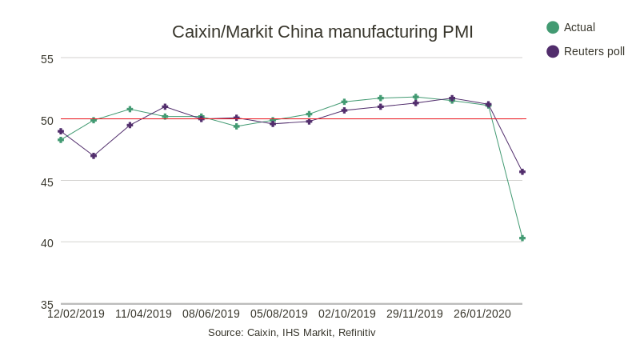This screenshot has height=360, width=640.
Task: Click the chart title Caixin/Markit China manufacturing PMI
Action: point(322,32)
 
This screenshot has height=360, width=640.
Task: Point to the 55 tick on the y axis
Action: point(47,58)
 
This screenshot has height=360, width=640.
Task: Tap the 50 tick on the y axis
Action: point(47,120)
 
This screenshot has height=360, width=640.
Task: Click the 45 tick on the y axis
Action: point(47,182)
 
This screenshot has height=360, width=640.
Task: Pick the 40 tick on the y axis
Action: point(47,242)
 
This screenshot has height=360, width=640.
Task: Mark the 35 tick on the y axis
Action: point(47,304)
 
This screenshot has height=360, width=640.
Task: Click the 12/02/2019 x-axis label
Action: point(76,314)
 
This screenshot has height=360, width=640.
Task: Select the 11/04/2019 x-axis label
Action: point(143,314)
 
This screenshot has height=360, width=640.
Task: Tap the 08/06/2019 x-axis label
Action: point(211,314)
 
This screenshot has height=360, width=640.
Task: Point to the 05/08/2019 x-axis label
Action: point(279,314)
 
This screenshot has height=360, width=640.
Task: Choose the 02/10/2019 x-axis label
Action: point(347,314)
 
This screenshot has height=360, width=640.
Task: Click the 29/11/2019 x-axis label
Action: point(414,314)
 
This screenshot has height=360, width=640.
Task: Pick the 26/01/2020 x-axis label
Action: point(482,314)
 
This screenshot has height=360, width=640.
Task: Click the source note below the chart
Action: point(291,332)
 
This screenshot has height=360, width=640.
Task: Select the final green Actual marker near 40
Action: point(522,238)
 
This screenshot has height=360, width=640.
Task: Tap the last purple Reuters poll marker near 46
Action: point(522,172)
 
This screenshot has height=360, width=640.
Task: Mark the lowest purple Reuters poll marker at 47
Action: point(94,156)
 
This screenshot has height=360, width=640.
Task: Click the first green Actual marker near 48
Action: point(61,140)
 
